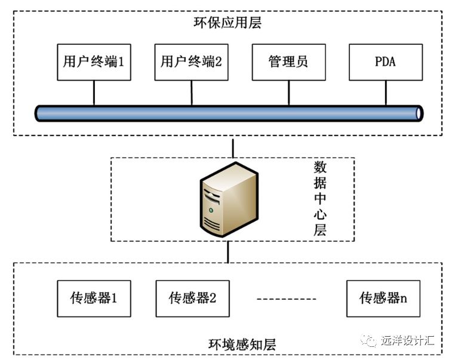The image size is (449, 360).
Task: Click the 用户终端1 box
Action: click(x=94, y=62)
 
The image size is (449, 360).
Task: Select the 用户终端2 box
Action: click(x=192, y=62)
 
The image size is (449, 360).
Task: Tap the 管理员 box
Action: click(x=288, y=62)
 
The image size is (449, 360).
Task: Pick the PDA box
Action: click(x=385, y=62)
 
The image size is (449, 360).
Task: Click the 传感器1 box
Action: click(x=94, y=297)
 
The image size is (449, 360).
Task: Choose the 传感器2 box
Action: click(x=192, y=297)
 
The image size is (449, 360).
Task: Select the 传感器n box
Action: click(x=383, y=297)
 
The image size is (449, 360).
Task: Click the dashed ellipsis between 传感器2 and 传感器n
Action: click(x=287, y=297)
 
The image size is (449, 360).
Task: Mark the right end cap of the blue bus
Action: click(x=419, y=112)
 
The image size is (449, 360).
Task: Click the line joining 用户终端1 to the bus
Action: click(x=94, y=93)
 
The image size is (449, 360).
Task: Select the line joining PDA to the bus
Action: click(x=385, y=93)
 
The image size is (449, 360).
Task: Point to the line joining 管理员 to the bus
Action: click(x=288, y=93)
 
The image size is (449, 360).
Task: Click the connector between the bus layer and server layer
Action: click(x=233, y=147)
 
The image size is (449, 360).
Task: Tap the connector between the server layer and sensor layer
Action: click(x=228, y=252)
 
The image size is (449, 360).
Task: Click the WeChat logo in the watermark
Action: click(x=370, y=340)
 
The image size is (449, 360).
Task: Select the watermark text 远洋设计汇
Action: click(x=408, y=341)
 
